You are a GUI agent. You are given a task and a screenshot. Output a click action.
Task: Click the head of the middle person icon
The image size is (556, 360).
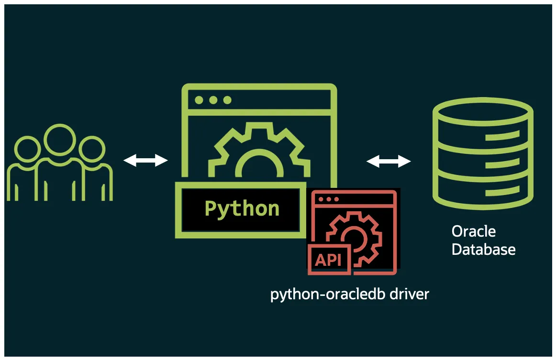[60, 139]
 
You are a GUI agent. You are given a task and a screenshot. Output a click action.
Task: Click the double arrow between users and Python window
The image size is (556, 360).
[146, 161]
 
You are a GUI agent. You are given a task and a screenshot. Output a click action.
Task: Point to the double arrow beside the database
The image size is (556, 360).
[389, 162]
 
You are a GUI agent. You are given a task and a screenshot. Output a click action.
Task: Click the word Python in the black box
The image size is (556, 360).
[242, 209]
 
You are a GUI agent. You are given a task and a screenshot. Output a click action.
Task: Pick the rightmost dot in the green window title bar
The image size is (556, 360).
[227, 100]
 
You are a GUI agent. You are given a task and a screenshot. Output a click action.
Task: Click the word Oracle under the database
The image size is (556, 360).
[474, 232]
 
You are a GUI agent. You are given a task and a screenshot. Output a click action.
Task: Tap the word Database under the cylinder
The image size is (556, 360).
[483, 250]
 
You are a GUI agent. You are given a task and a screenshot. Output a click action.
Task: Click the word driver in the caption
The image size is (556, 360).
[409, 294]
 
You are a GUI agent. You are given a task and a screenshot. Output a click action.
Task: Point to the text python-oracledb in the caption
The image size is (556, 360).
[327, 294]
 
